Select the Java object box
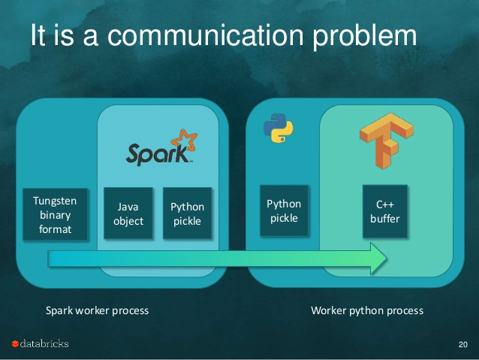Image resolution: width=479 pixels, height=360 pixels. (128, 213)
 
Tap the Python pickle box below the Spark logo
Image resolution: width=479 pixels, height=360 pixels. (188, 213)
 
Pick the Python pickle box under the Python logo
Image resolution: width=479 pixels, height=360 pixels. (284, 210)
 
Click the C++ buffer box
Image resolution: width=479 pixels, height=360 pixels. (385, 211)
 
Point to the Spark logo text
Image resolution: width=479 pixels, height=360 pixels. (155, 153)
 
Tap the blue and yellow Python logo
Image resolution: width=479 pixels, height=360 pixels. (278, 129)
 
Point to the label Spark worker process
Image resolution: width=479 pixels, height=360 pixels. (97, 310)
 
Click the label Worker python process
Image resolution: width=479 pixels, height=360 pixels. (367, 310)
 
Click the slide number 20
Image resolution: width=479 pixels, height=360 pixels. (462, 344)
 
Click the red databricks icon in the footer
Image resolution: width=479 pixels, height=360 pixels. (15, 344)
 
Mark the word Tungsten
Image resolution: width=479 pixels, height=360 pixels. (55, 201)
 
